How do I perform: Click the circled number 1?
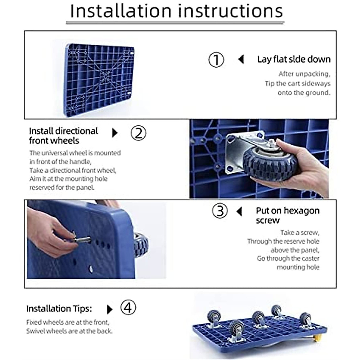coord(216,60)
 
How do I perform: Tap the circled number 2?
coord(138,133)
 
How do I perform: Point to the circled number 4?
coord(128,307)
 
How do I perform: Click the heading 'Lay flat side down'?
coord(294,59)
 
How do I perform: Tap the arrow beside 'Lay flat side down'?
coord(241,59)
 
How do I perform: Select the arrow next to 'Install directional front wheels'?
coord(115,133)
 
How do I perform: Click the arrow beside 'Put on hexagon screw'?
coord(239,212)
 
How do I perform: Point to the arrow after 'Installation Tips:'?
coord(110,309)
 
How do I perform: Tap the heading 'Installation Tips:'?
coord(59,309)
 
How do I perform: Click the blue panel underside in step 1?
coord(100,80)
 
